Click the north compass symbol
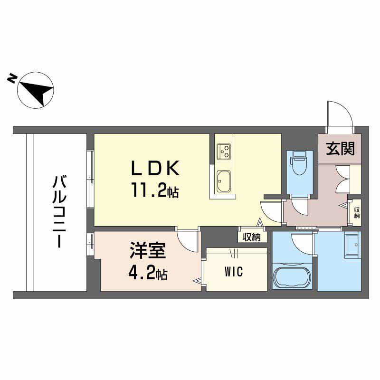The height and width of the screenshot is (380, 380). click(37, 89)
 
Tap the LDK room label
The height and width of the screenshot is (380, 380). click(155, 168)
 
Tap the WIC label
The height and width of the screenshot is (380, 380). click(234, 272)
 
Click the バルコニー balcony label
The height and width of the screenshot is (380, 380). click(59, 211)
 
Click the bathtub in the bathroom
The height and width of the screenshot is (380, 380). click(292, 277)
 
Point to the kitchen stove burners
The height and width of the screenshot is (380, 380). click(224, 152)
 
